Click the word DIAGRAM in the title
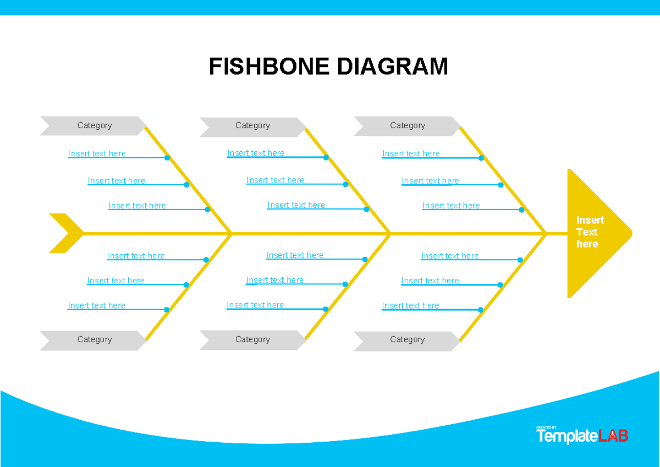[x=392, y=67]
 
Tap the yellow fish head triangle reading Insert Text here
[x=591, y=233]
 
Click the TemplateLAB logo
[x=582, y=436]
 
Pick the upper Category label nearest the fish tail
[x=94, y=125]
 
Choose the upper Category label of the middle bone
[x=252, y=125]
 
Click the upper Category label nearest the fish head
[x=407, y=125]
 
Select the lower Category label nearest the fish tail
[x=94, y=339]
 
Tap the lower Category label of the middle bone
[x=252, y=339]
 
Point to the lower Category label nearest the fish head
[x=407, y=339]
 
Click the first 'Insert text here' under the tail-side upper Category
[x=97, y=153]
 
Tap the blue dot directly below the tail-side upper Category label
[x=167, y=158]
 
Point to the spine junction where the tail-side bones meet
[x=231, y=234]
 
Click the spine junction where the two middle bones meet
[x=390, y=234]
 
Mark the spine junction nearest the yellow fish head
[x=546, y=234]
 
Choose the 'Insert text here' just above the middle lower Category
[x=255, y=305]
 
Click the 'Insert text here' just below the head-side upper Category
[x=411, y=153]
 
